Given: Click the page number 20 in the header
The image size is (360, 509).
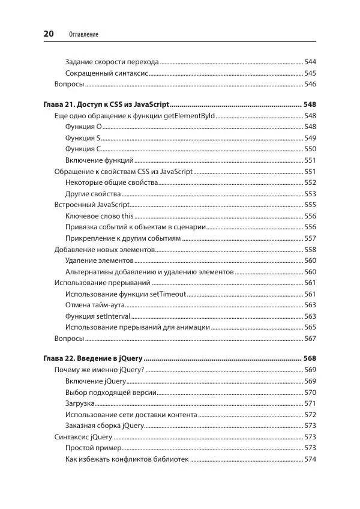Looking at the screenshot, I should pyautogui.click(x=49, y=34).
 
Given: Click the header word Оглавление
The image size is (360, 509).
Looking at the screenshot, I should pyautogui.click(x=83, y=35).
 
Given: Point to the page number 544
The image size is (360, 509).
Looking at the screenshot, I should pyautogui.click(x=310, y=62).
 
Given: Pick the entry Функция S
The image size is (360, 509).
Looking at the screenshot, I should pyautogui.click(x=83, y=138).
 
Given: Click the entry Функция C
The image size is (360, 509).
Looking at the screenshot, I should pyautogui.click(x=83, y=149).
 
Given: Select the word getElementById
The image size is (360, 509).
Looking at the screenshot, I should pyautogui.click(x=189, y=115).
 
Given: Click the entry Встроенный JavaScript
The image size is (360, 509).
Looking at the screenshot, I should pyautogui.click(x=92, y=205).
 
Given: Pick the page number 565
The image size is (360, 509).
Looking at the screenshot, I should pyautogui.click(x=310, y=327).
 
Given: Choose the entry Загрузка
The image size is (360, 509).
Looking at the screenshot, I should pyautogui.click(x=80, y=403).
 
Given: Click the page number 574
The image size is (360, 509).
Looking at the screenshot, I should pyautogui.click(x=310, y=460).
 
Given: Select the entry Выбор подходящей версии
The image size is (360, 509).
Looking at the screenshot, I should pyautogui.click(x=111, y=393).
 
